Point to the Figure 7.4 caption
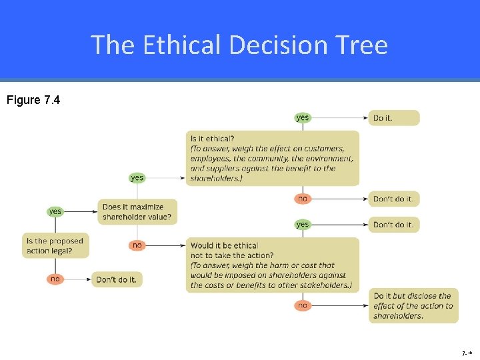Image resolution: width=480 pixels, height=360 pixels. pos(33,101)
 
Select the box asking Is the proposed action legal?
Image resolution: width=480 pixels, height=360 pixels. pos(56,246)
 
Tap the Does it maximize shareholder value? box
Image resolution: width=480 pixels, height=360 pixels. pos(139,212)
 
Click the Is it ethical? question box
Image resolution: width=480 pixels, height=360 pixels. pos(272,158)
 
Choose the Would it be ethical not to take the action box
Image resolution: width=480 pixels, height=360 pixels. pos(272,265)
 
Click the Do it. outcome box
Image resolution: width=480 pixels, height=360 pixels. pos(394,118)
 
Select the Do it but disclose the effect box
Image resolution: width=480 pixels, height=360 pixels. pos(413,305)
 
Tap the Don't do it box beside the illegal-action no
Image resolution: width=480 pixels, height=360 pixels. pos(117,279)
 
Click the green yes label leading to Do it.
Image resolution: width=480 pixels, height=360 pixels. pos(303,118)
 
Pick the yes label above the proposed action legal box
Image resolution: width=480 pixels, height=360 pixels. pos(55,211)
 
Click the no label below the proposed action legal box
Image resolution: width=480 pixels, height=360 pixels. pos(55,279)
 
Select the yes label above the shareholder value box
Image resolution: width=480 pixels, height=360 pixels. pos(137,177)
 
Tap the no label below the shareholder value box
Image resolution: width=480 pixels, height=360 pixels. pos(137,245)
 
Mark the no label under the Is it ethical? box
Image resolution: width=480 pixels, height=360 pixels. pos(303,198)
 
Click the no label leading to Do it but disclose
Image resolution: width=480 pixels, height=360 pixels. pos(303,305)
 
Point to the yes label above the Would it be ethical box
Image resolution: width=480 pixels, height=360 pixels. pos(303,225)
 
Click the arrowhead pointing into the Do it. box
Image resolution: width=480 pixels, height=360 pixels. pos(365,118)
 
